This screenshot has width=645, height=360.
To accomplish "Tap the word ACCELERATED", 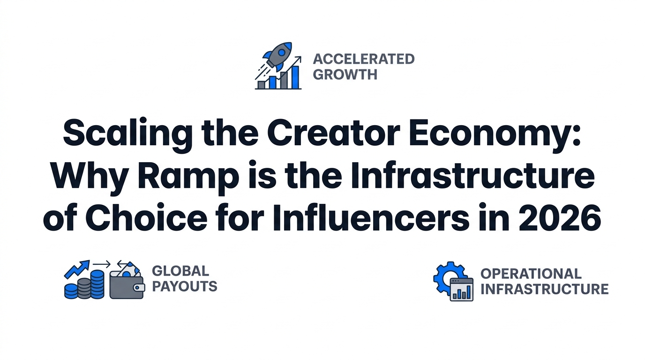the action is pos(364,59).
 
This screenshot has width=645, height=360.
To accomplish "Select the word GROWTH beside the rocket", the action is pos(345,75).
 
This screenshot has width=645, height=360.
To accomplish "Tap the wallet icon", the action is pos(127,283).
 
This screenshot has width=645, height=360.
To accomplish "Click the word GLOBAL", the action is pos(180,271).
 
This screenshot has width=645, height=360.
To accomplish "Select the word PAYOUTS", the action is pos(185,286).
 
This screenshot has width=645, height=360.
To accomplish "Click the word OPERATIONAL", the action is pos(531,274).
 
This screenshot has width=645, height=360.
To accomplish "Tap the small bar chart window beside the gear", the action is pos(462,289).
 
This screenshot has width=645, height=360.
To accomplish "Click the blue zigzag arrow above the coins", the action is pos(76,269).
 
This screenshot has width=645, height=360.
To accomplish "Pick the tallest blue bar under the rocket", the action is pos(295,77).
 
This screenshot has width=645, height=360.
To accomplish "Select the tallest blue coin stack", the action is pos(97,284).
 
